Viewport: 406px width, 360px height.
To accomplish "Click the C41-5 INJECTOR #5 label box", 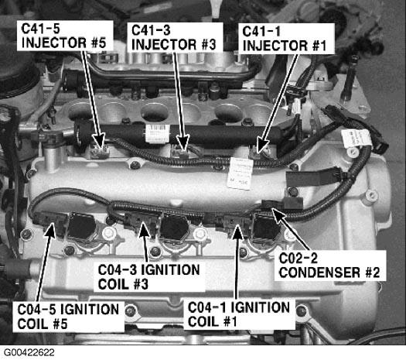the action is click(x=65, y=36).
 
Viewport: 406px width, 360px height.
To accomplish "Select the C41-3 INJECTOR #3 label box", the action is click(x=175, y=37).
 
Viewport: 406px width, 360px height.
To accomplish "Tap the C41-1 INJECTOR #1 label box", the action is click(x=286, y=39).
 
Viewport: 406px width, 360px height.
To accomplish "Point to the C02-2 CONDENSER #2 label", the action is click(x=330, y=266).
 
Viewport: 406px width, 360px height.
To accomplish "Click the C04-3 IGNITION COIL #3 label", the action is click(x=149, y=277).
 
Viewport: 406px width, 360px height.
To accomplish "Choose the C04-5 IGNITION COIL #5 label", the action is click(x=68, y=317).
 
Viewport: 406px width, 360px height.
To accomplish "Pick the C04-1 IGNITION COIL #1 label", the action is click(x=239, y=314).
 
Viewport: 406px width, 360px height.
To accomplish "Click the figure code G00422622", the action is click(x=29, y=352).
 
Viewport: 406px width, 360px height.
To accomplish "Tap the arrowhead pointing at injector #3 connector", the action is click(x=183, y=143).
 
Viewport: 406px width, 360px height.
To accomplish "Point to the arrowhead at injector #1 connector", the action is click(x=263, y=145).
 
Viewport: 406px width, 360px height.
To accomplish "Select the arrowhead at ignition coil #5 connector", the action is click(x=50, y=230).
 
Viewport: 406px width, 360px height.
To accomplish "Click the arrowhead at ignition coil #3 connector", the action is click(x=144, y=230).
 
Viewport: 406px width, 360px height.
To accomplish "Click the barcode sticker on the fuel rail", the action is click(x=158, y=133).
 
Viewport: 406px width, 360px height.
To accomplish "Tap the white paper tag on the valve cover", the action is click(x=241, y=173).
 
